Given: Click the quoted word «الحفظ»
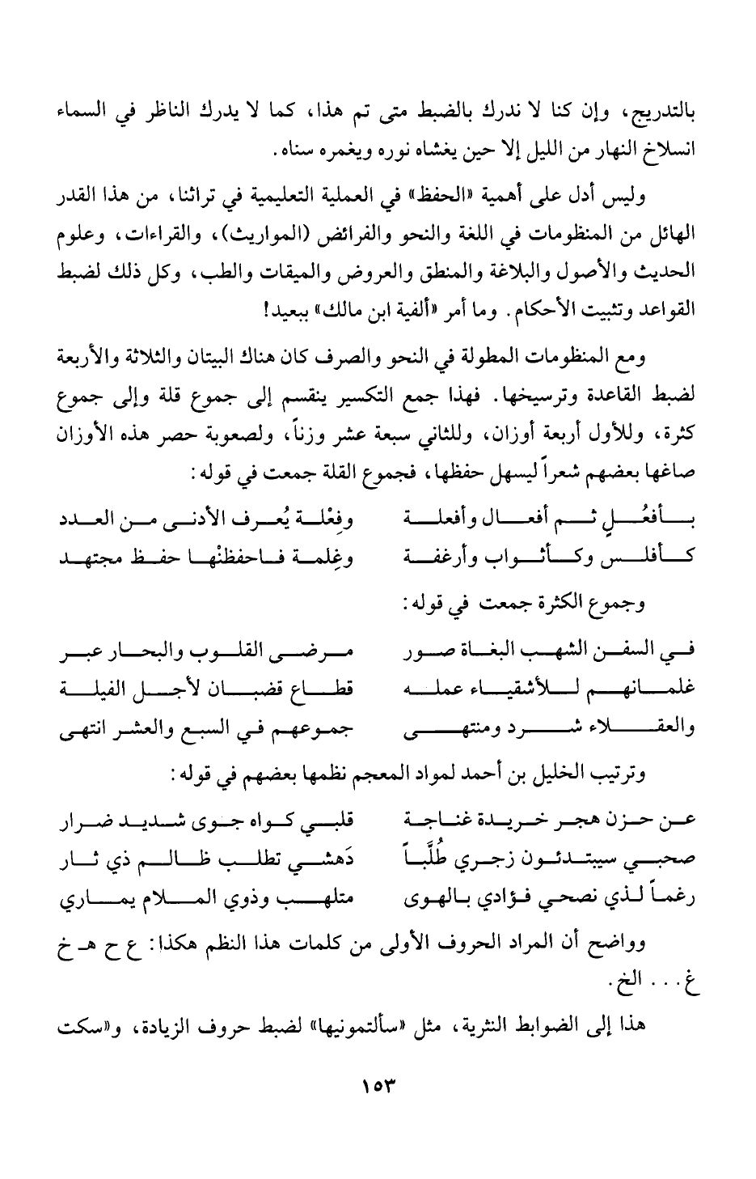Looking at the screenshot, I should point(439,193).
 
